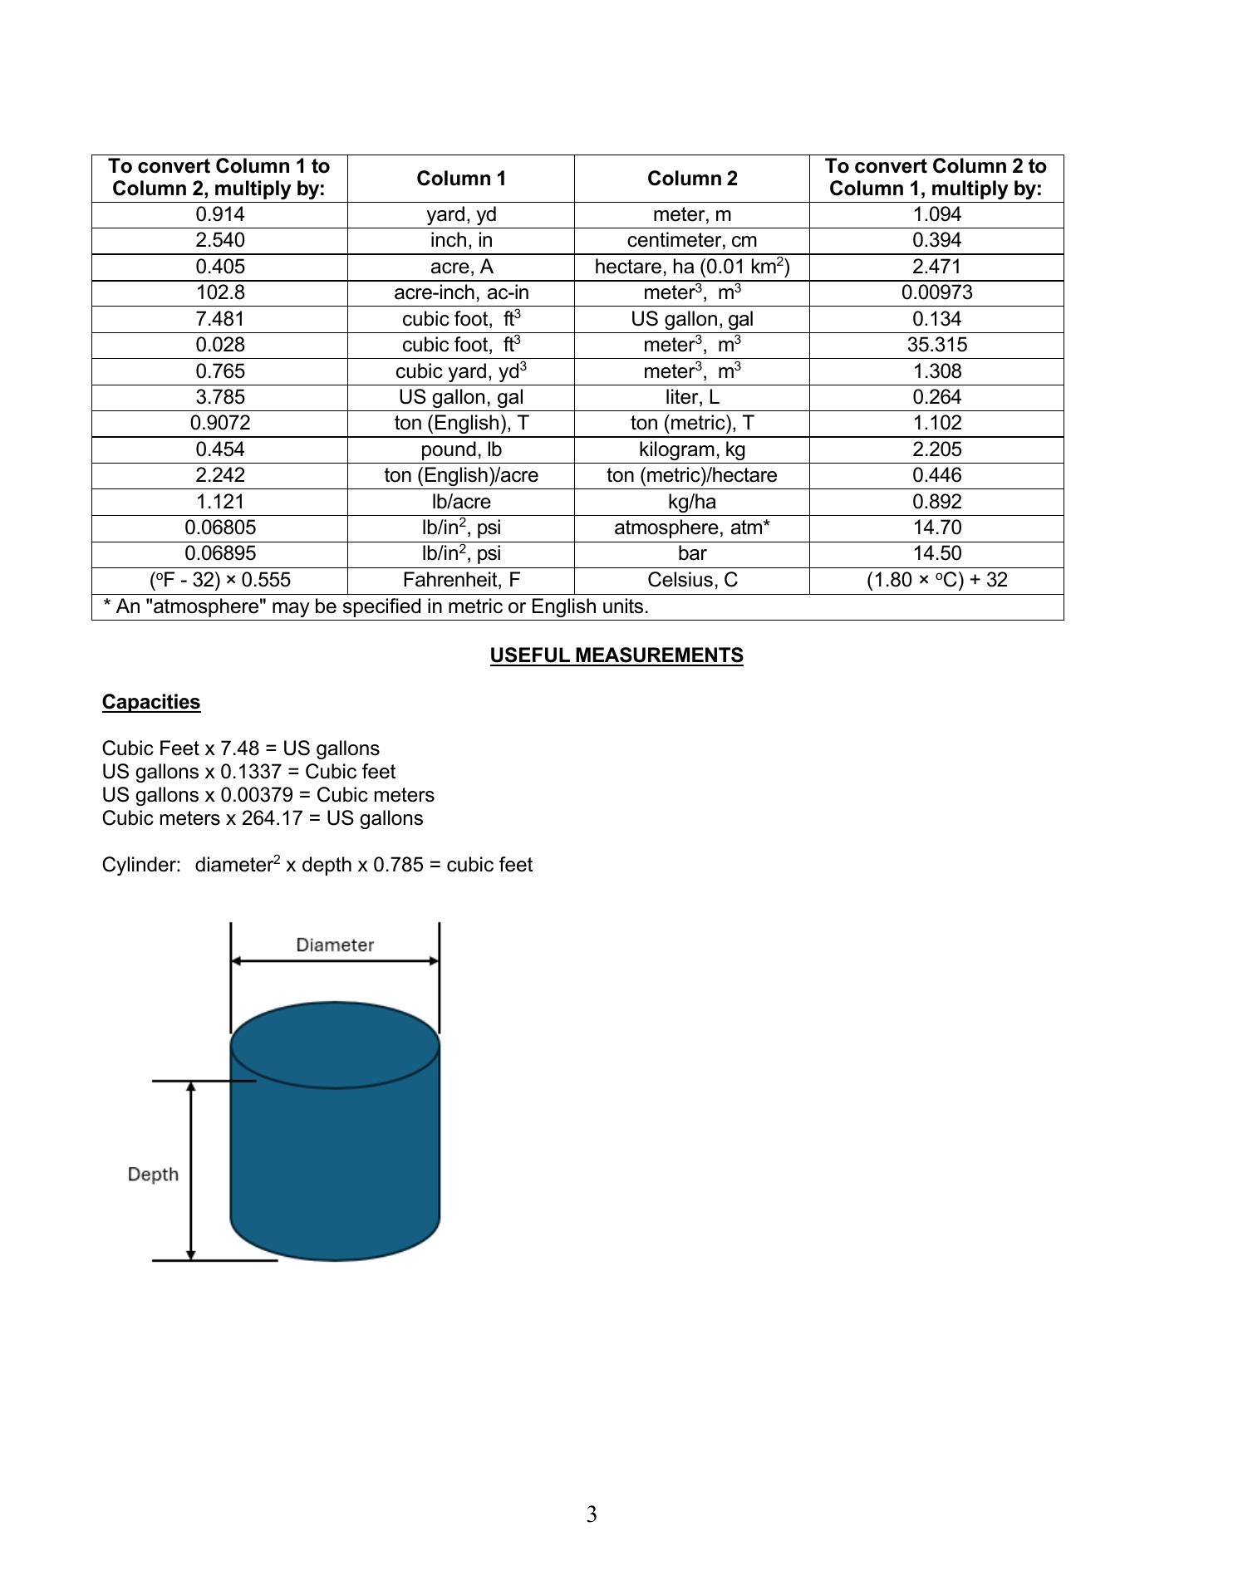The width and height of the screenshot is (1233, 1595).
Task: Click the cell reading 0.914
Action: point(220,214)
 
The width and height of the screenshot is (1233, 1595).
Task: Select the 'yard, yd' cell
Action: point(461,214)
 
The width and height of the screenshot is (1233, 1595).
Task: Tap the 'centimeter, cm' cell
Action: point(691,240)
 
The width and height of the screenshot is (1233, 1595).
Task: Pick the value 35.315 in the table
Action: point(936,345)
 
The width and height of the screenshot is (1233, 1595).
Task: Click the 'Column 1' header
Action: point(461,179)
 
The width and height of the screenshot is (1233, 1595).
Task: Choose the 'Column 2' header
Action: point(691,179)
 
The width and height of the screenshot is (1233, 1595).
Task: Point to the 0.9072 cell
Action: point(220,423)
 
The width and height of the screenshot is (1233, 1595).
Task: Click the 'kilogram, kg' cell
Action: point(691,449)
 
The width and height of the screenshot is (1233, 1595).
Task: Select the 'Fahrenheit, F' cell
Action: point(461,580)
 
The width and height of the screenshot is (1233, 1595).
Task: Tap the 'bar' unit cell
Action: point(691,553)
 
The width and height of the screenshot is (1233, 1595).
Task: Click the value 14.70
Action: point(936,528)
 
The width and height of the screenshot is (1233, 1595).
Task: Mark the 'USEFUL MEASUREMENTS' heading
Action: point(616,655)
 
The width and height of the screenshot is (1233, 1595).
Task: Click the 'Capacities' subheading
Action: point(151,702)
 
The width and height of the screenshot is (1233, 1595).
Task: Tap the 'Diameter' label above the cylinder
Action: point(335,945)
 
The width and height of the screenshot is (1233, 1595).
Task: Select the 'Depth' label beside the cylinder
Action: point(154,1175)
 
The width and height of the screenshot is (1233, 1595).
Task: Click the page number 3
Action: point(592,1514)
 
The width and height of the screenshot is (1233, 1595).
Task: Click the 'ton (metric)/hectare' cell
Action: point(691,475)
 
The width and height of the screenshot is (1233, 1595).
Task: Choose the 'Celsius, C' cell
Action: point(691,580)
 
